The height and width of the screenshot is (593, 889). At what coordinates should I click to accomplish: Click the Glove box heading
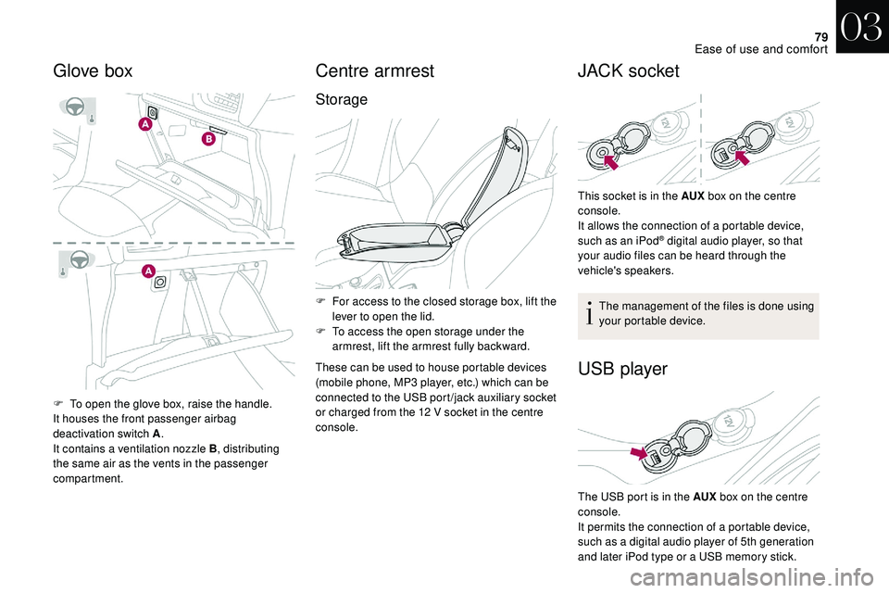[x=93, y=71]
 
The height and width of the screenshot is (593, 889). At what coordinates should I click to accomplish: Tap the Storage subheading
[x=342, y=99]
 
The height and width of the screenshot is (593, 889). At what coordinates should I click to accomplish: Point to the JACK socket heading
[x=628, y=71]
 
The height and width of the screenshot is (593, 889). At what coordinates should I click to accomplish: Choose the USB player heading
[x=622, y=369]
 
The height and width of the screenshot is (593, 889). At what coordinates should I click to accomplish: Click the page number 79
[x=819, y=34]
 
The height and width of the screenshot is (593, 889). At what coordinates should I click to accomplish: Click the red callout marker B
[x=207, y=139]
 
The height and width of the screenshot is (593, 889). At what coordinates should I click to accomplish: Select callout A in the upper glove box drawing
[x=145, y=124]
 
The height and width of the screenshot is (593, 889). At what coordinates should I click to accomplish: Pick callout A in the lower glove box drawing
[x=146, y=270]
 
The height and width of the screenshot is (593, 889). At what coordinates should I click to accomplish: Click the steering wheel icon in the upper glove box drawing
[x=79, y=107]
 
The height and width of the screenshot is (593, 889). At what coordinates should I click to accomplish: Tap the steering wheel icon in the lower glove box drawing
[x=79, y=259]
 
